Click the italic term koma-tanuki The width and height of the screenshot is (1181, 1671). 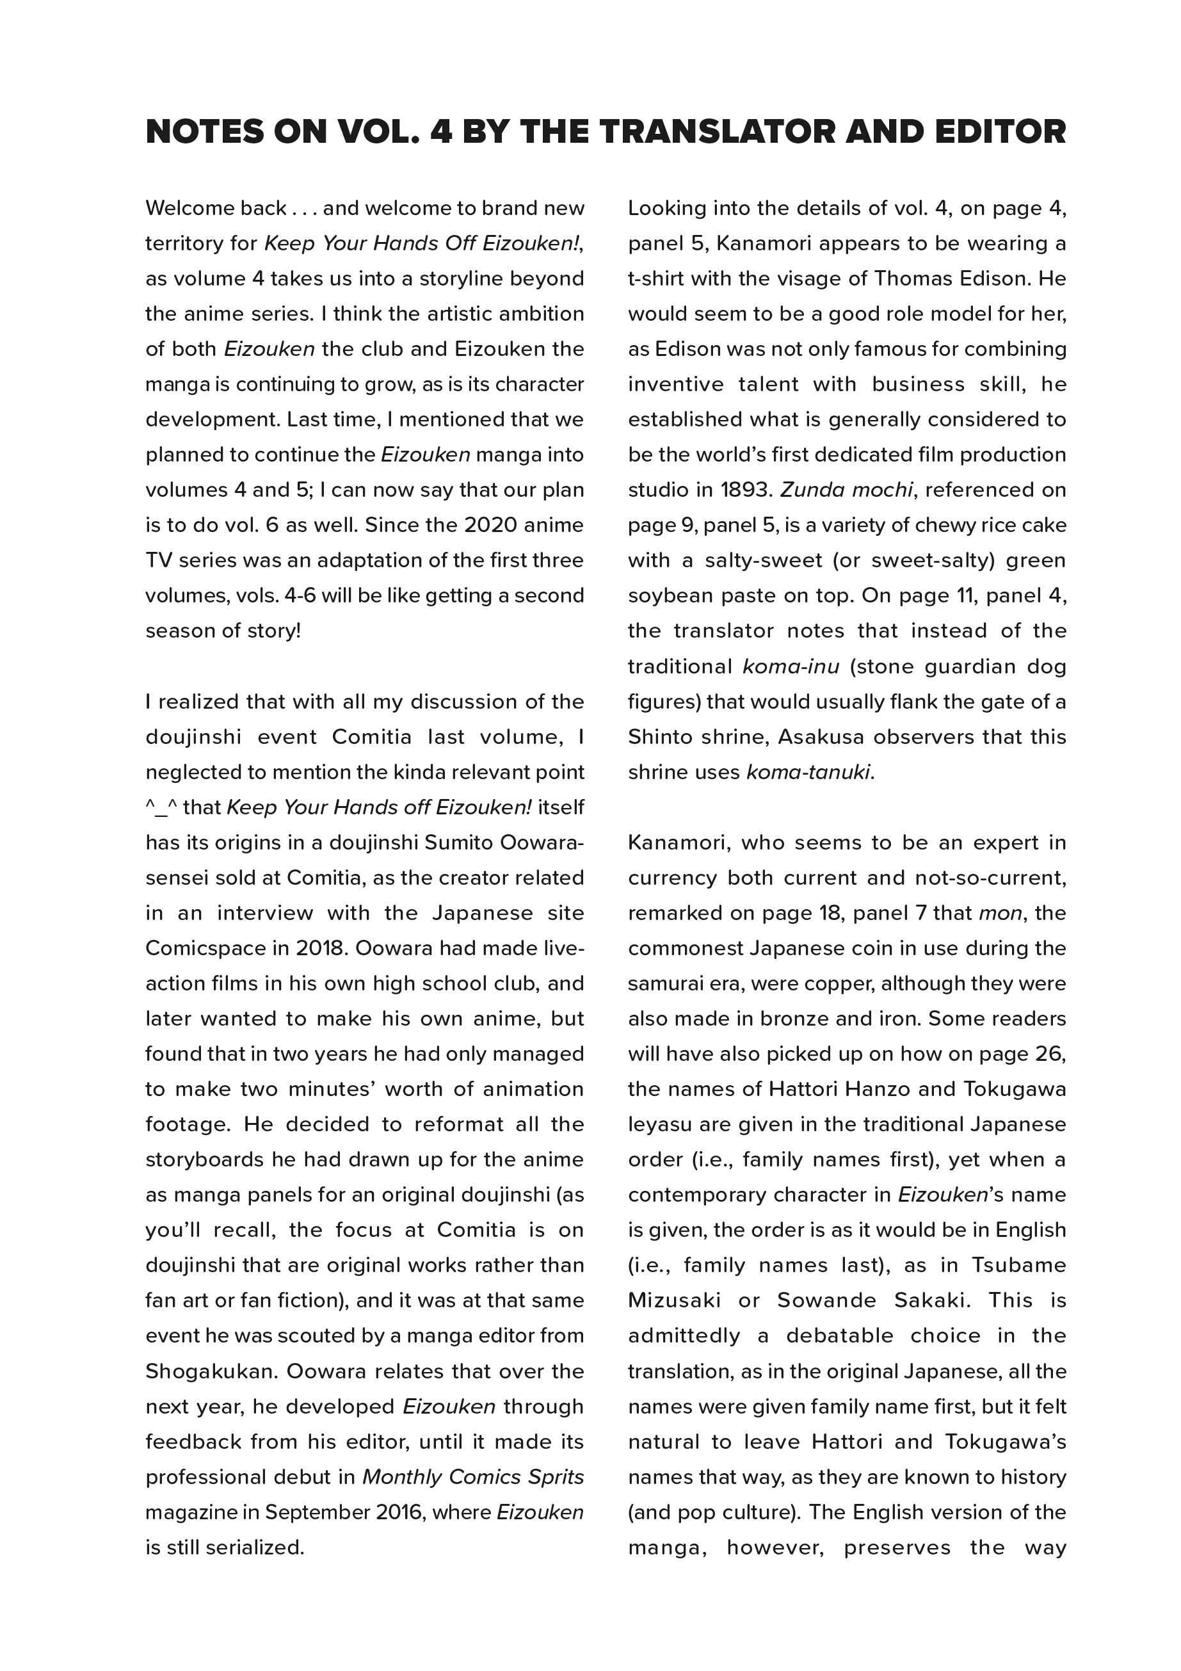(808, 772)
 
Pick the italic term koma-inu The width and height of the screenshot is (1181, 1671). (791, 666)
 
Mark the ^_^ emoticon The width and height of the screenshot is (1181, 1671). (161, 808)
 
